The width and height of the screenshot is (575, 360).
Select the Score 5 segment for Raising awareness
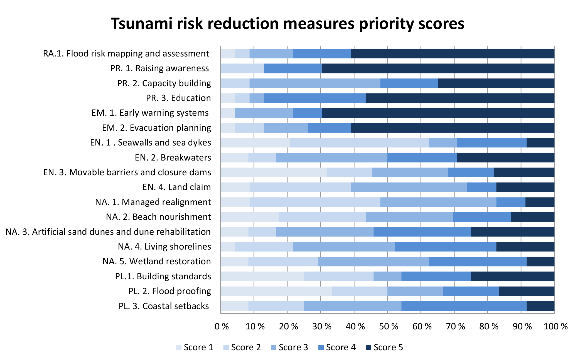click(438, 68)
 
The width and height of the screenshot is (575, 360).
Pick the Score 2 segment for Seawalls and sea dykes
click(359, 143)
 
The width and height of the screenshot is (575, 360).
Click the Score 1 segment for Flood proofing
click(276, 291)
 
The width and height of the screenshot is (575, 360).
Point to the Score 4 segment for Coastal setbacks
click(464, 306)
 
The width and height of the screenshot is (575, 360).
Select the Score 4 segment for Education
click(314, 98)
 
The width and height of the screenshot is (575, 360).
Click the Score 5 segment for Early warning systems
click(438, 113)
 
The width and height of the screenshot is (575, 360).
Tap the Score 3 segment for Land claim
click(409, 187)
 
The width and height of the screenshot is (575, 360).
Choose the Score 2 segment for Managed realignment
click(315, 202)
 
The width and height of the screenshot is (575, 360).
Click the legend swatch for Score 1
click(179, 347)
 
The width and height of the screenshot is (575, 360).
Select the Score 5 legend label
click(388, 347)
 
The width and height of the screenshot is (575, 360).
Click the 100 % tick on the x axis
click(556, 327)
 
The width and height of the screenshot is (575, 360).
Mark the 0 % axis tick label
click(222, 327)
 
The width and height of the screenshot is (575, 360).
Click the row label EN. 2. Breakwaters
click(173, 158)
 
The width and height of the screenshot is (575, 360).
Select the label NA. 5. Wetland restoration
click(157, 262)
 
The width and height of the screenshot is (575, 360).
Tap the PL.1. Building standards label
click(163, 277)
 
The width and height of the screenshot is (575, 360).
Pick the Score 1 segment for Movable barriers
click(273, 172)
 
